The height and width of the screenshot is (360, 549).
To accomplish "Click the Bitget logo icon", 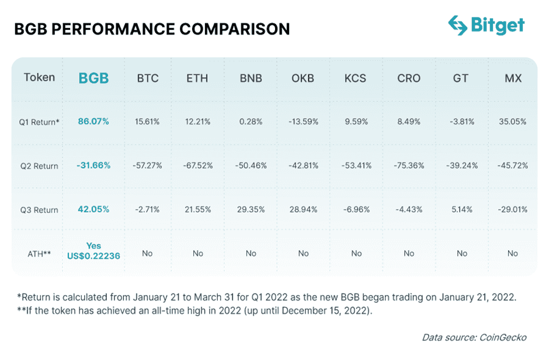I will pos(458,25).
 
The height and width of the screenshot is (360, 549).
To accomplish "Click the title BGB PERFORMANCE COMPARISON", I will pos(152,29).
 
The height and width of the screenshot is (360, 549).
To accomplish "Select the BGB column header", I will pos(93,78).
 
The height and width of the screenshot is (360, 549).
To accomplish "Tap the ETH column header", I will pos(197,78).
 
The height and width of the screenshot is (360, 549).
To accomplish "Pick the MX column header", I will pos(513,78).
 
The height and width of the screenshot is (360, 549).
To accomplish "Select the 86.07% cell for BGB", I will pos(93,122).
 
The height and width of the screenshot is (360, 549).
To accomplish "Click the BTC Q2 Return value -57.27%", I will pos(148,165).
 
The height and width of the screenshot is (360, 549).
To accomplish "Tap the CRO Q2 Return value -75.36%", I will pos(408,165).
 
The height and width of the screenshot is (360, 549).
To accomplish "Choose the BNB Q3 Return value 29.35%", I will pos(251,209).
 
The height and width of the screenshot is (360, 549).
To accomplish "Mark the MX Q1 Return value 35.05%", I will pos(513,122).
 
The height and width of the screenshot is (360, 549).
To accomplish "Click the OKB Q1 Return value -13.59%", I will pos(303,122).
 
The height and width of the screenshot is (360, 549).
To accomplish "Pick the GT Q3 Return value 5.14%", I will pos(461,209).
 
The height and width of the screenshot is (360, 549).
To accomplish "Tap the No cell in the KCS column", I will pos(356,253).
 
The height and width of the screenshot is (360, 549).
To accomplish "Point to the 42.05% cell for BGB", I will pos(93,209).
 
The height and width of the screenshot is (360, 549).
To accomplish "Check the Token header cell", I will pos(39,78).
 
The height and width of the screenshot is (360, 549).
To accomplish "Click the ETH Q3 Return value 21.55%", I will pos(197,209).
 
